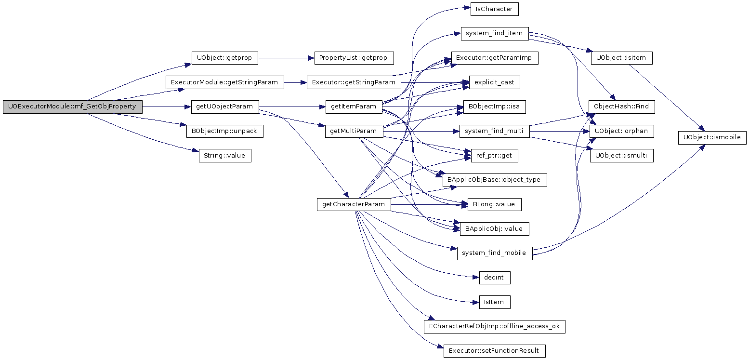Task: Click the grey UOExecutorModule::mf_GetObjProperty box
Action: tap(73, 107)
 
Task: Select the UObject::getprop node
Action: tap(224, 58)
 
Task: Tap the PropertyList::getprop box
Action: tap(353, 58)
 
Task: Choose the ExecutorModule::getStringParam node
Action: tap(224, 82)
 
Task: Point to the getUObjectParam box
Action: tap(224, 107)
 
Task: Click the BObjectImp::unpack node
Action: tap(224, 131)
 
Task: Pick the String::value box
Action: tap(224, 156)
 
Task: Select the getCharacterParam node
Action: tap(354, 204)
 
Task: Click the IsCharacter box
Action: tap(494, 9)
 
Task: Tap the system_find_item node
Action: tap(495, 33)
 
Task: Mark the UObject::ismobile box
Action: tap(712, 137)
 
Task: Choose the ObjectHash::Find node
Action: tap(622, 107)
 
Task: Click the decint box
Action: tap(495, 278)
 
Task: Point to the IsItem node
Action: tap(495, 302)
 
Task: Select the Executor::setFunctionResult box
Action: tap(495, 351)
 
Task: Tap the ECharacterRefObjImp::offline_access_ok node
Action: tap(495, 327)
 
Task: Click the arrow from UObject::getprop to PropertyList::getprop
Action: tap(286, 58)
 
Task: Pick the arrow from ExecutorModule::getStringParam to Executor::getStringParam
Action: tap(295, 82)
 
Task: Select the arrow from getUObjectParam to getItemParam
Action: tap(292, 107)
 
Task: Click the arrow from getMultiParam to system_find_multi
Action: tap(421, 131)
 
